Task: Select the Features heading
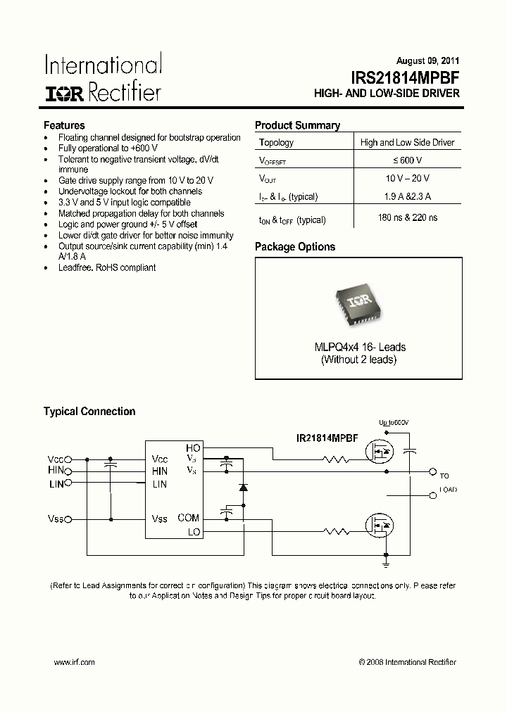pyautogui.click(x=65, y=125)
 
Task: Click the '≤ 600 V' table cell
pyautogui.click(x=407, y=160)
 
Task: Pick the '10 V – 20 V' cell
pyautogui.click(x=407, y=179)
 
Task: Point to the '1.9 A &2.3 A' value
pyautogui.click(x=407, y=197)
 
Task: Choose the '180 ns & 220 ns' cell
pyautogui.click(x=407, y=219)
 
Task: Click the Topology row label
pyautogui.click(x=277, y=142)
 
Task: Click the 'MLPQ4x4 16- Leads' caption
pyautogui.click(x=359, y=347)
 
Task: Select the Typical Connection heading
pyautogui.click(x=89, y=412)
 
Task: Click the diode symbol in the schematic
pyautogui.click(x=244, y=486)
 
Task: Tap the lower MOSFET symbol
pyautogui.click(x=378, y=524)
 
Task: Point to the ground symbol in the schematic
pyautogui.click(x=386, y=563)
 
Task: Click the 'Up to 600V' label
pyautogui.click(x=394, y=423)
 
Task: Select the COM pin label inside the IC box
pyautogui.click(x=188, y=518)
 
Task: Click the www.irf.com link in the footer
pyautogui.click(x=74, y=662)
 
